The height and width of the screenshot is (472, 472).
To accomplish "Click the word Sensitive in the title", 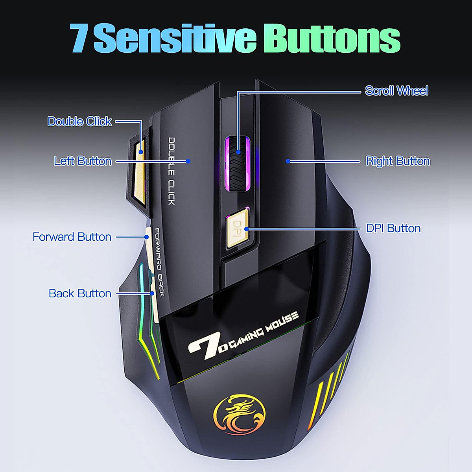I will tap(175, 38).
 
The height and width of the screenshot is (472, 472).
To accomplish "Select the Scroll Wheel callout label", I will tap(396, 91).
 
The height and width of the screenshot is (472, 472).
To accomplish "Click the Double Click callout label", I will tap(79, 121).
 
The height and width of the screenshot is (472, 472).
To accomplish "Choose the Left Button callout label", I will tap(83, 161).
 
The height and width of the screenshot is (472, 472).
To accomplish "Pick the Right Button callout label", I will tap(398, 161).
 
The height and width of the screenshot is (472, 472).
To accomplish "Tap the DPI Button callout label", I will tap(393, 228).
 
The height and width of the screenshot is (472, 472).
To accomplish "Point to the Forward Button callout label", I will tap(72, 237).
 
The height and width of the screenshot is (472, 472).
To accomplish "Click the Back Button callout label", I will tap(80, 293).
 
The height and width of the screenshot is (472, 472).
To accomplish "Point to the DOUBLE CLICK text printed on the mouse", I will tap(171, 171).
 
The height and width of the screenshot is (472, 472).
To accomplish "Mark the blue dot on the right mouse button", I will tap(288, 161).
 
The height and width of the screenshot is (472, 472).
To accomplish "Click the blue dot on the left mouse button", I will tap(188, 161).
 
